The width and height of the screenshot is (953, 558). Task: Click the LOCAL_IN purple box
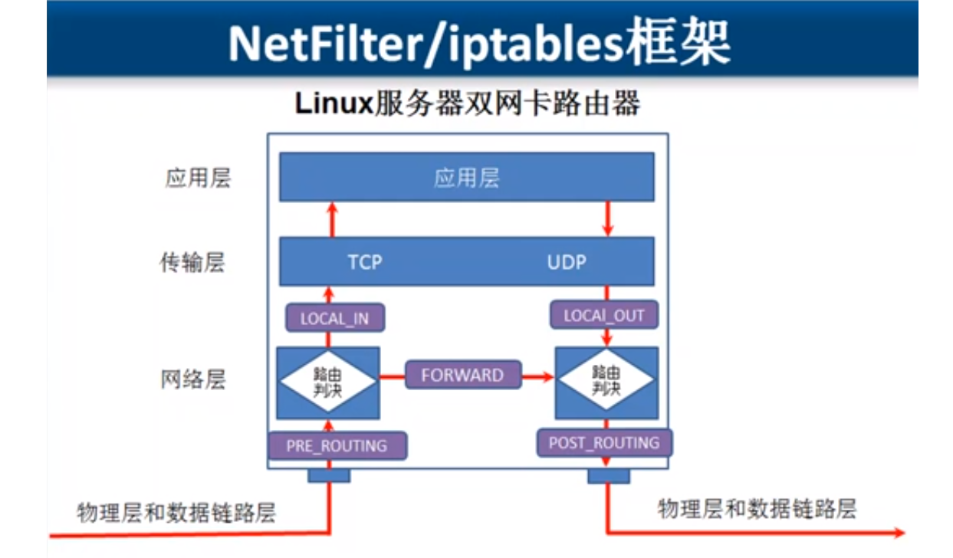(x=334, y=318)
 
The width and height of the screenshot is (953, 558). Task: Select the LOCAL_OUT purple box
(x=603, y=315)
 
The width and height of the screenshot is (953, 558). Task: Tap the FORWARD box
(x=462, y=376)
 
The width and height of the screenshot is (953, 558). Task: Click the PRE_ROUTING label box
(x=337, y=445)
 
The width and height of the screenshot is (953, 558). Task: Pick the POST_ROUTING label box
(x=603, y=443)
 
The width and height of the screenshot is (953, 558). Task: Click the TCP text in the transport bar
(x=365, y=262)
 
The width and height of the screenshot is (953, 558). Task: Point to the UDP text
(x=567, y=262)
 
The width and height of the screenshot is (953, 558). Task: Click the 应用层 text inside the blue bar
(x=466, y=178)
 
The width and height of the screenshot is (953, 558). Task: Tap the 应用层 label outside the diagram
(x=198, y=179)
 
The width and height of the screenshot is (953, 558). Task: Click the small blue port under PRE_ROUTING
(x=329, y=476)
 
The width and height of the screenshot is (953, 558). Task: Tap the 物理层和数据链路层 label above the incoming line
(x=176, y=512)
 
